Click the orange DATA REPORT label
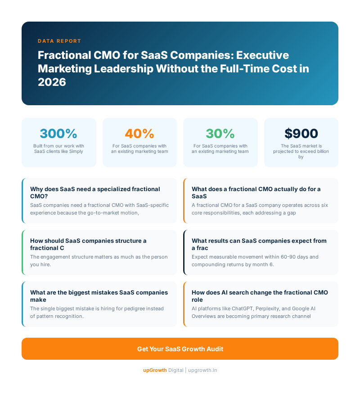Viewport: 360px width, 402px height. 59,41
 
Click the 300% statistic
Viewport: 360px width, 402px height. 58,134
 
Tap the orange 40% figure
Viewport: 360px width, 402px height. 139,134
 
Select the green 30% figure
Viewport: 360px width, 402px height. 220,134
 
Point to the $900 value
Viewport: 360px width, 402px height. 301,134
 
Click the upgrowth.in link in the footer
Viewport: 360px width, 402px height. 202,370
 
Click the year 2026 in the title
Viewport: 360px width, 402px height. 52,82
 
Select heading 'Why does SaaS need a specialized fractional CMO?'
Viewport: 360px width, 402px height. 95,192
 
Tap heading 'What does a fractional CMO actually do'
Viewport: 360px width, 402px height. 256,192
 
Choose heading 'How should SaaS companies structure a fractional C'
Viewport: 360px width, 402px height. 88,244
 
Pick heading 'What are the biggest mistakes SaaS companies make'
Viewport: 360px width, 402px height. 99,296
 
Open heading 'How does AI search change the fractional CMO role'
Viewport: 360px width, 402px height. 260,296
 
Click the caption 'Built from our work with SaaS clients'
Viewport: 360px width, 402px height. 58,148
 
